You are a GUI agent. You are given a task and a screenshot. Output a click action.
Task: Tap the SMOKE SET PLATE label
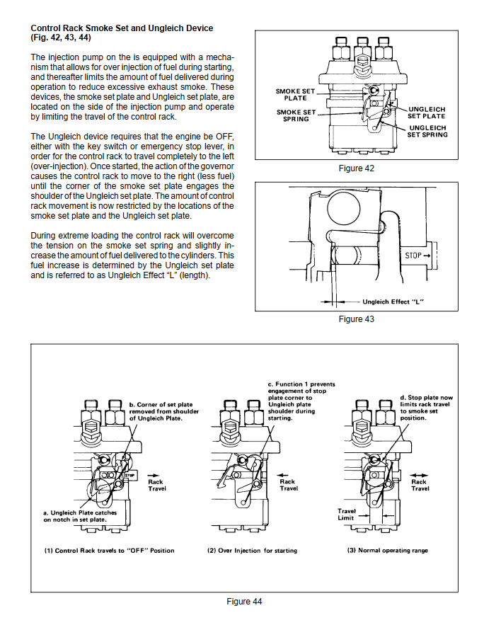(296, 94)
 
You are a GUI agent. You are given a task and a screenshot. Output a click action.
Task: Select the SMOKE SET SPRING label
(296, 115)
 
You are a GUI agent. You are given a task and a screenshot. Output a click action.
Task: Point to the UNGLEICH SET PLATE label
(427, 112)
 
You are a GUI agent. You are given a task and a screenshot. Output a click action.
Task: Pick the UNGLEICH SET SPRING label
(428, 131)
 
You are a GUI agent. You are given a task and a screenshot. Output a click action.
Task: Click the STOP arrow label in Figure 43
(417, 255)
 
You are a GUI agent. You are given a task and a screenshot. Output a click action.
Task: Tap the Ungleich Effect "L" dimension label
(397, 302)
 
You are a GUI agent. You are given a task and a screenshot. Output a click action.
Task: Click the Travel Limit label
(347, 514)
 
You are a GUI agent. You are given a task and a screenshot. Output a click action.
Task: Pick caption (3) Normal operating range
(388, 551)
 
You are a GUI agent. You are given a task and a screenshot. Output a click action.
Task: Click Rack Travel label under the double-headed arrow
(420, 485)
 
